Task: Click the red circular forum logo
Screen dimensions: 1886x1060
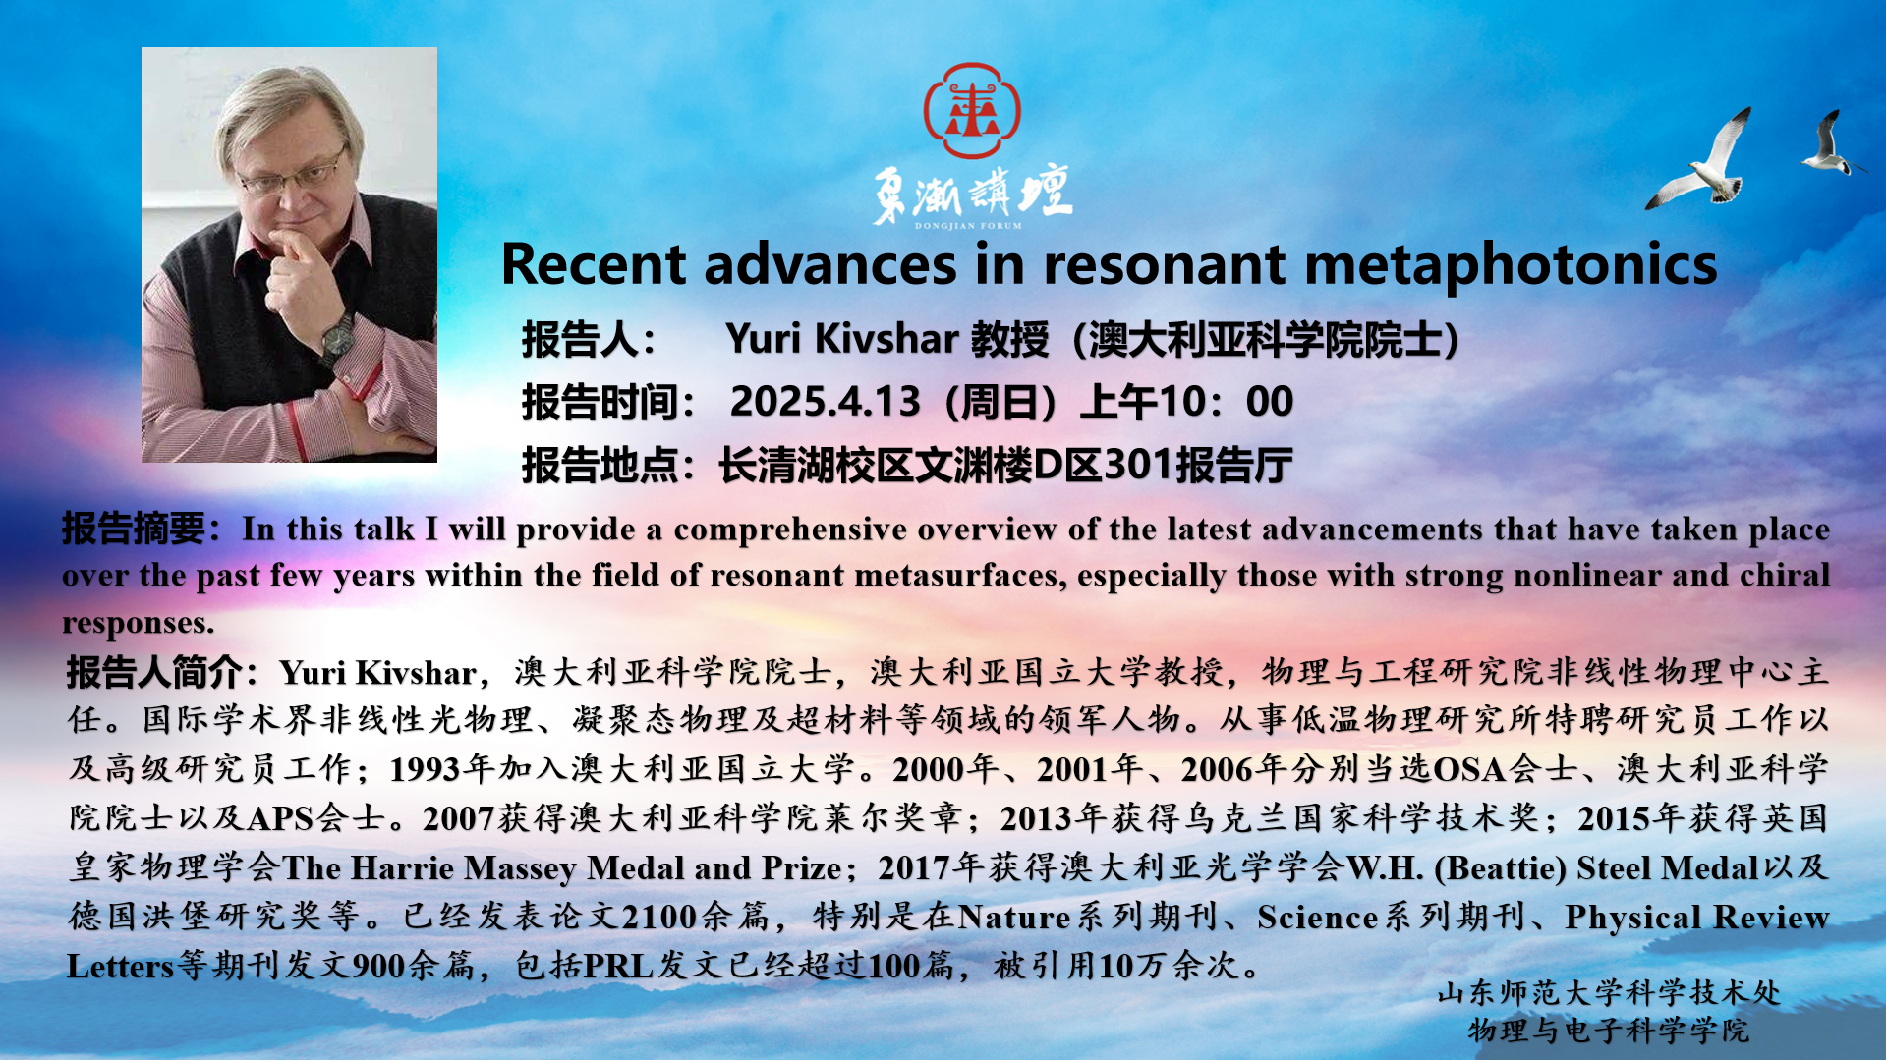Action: tap(972, 110)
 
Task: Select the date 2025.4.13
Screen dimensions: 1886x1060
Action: tap(825, 401)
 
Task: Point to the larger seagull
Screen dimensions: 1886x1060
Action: tap(1698, 159)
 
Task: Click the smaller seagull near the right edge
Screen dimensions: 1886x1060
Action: tap(1830, 142)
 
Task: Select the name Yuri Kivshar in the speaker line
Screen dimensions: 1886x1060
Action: tap(842, 339)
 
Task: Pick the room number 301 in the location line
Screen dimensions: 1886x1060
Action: tap(1139, 465)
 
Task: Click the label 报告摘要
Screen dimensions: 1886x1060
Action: tap(134, 529)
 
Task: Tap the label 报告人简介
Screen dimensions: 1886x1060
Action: tap(153, 673)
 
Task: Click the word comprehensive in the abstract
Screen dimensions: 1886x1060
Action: tap(790, 530)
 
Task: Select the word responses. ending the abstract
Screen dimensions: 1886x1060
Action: tap(138, 623)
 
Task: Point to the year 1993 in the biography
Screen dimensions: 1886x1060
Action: tap(425, 769)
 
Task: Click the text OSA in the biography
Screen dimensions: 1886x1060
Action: tap(1470, 769)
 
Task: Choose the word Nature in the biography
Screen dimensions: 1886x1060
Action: tap(1014, 917)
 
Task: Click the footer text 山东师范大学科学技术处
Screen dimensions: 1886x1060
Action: tap(1609, 993)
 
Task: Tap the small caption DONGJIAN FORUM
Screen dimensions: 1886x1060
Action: tap(969, 226)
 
